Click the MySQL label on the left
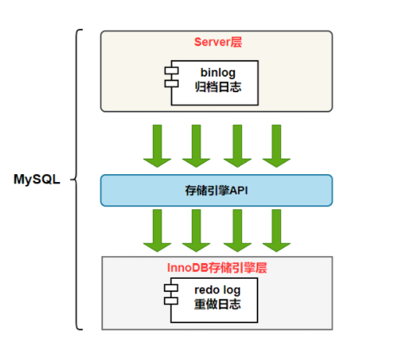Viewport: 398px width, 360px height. (37, 179)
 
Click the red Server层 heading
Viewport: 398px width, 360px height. (216, 42)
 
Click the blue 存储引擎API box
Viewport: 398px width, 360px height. (216, 190)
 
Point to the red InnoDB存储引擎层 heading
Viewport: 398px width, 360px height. (217, 267)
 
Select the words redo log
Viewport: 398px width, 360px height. (217, 290)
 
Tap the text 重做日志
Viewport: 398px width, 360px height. (217, 305)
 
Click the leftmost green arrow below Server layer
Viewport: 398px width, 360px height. (157, 145)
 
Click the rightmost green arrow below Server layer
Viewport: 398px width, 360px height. (275, 145)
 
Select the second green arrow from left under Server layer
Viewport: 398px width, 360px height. (196, 145)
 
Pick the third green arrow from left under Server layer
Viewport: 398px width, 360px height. (236, 145)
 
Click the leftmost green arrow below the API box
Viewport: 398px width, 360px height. (157, 230)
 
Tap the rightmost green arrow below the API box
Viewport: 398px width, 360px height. (275, 230)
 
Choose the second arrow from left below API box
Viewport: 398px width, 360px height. (196, 230)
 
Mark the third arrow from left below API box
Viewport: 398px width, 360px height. (236, 230)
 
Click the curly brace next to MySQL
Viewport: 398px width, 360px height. (78, 179)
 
